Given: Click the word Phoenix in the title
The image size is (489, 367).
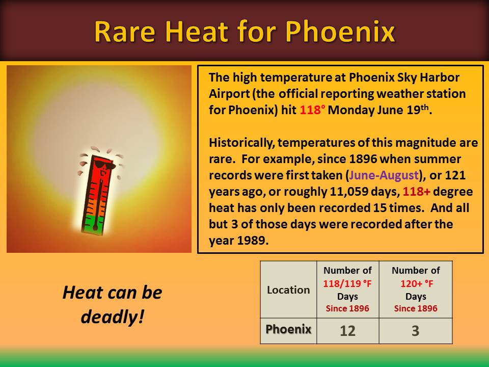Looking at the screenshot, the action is point(340,32).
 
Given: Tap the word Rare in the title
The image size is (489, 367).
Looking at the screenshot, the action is point(124,32).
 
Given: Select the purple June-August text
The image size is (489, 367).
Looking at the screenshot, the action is point(384,175).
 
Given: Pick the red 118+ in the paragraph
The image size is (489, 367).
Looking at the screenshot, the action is point(416,191).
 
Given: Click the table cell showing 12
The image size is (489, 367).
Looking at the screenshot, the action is point(348,331).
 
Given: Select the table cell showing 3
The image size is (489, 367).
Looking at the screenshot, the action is point(416,331).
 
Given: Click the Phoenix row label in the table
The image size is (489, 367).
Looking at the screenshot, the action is point(288,330).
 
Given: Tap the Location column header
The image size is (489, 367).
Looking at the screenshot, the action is point(288,290).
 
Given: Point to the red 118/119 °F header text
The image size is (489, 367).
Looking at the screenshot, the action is point(347,284).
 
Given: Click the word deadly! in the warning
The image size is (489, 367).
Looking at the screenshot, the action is point(113,317).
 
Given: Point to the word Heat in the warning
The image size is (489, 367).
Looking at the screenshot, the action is point(77,293).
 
